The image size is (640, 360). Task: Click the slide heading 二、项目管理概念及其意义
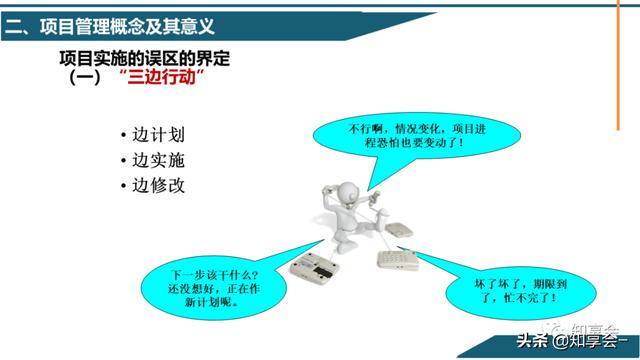(109, 27)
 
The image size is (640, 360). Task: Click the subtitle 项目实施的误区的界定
(144, 58)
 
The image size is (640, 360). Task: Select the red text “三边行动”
(162, 77)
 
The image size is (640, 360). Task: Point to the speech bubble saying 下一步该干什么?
(213, 288)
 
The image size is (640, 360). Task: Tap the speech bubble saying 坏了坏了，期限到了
(520, 292)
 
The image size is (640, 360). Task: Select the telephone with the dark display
(314, 268)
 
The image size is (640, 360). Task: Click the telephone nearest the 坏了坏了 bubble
(398, 260)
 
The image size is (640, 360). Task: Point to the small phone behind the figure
(399, 230)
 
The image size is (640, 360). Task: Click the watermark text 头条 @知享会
(572, 340)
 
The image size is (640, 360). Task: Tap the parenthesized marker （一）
(85, 77)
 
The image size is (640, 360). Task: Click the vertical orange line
(618, 65)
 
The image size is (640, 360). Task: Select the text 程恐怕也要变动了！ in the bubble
(415, 143)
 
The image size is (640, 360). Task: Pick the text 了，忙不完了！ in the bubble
(518, 298)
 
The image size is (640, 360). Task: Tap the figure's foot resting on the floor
(346, 247)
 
